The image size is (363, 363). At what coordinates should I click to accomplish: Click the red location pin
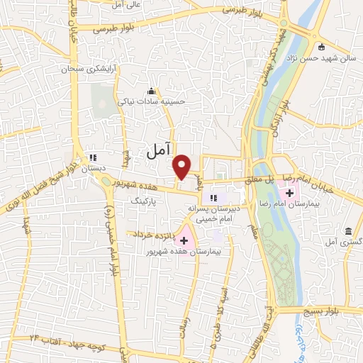(x=182, y=165)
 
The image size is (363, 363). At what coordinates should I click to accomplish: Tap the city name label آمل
(x=159, y=150)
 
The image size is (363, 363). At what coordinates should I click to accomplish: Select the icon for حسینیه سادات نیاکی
(x=151, y=90)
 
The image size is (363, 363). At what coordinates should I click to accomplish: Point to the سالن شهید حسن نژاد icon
(x=321, y=48)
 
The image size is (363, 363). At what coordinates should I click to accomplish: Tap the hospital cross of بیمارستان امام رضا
(x=290, y=192)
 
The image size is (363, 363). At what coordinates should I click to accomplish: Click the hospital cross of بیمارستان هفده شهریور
(x=184, y=241)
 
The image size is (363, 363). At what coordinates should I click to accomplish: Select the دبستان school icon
(x=92, y=157)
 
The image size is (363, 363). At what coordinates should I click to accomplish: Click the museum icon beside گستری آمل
(x=348, y=232)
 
